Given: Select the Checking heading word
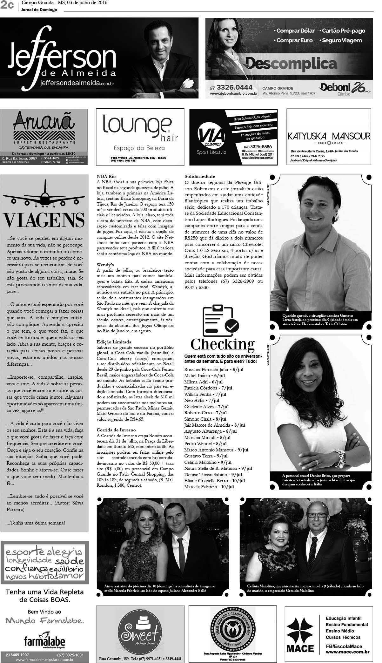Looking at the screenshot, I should point(223,344).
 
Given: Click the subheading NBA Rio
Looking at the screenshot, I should point(106,176).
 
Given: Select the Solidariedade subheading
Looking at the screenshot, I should point(200,176).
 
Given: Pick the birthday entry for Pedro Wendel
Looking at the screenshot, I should point(198,443).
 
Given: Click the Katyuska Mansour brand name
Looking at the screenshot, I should point(329,136).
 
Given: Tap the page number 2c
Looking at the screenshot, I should point(7,5).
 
